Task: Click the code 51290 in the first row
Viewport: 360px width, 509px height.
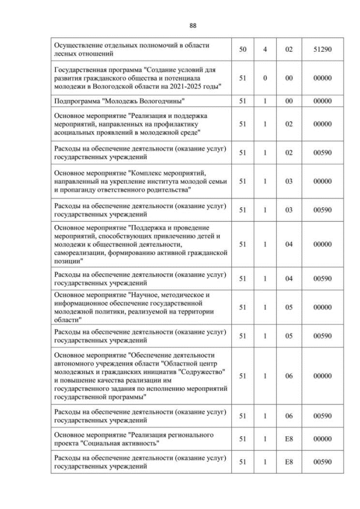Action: pyautogui.click(x=322, y=49)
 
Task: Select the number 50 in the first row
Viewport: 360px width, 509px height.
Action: pyautogui.click(x=242, y=49)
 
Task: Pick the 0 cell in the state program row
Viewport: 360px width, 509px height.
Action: pyautogui.click(x=265, y=78)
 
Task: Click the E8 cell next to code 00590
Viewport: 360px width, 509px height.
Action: pyautogui.click(x=289, y=462)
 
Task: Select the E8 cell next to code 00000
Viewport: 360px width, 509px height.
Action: pyautogui.click(x=289, y=439)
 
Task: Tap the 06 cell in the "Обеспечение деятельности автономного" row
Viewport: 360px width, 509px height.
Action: pyautogui.click(x=289, y=376)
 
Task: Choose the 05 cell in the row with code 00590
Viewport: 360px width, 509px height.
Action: pyautogui.click(x=289, y=336)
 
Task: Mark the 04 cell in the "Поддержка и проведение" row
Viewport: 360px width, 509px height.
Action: pyautogui.click(x=289, y=245)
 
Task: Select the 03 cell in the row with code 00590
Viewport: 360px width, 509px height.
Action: pyautogui.click(x=289, y=210)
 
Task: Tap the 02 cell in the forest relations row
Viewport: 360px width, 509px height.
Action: pyautogui.click(x=289, y=49)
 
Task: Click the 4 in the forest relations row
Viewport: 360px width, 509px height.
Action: pyautogui.click(x=265, y=49)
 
